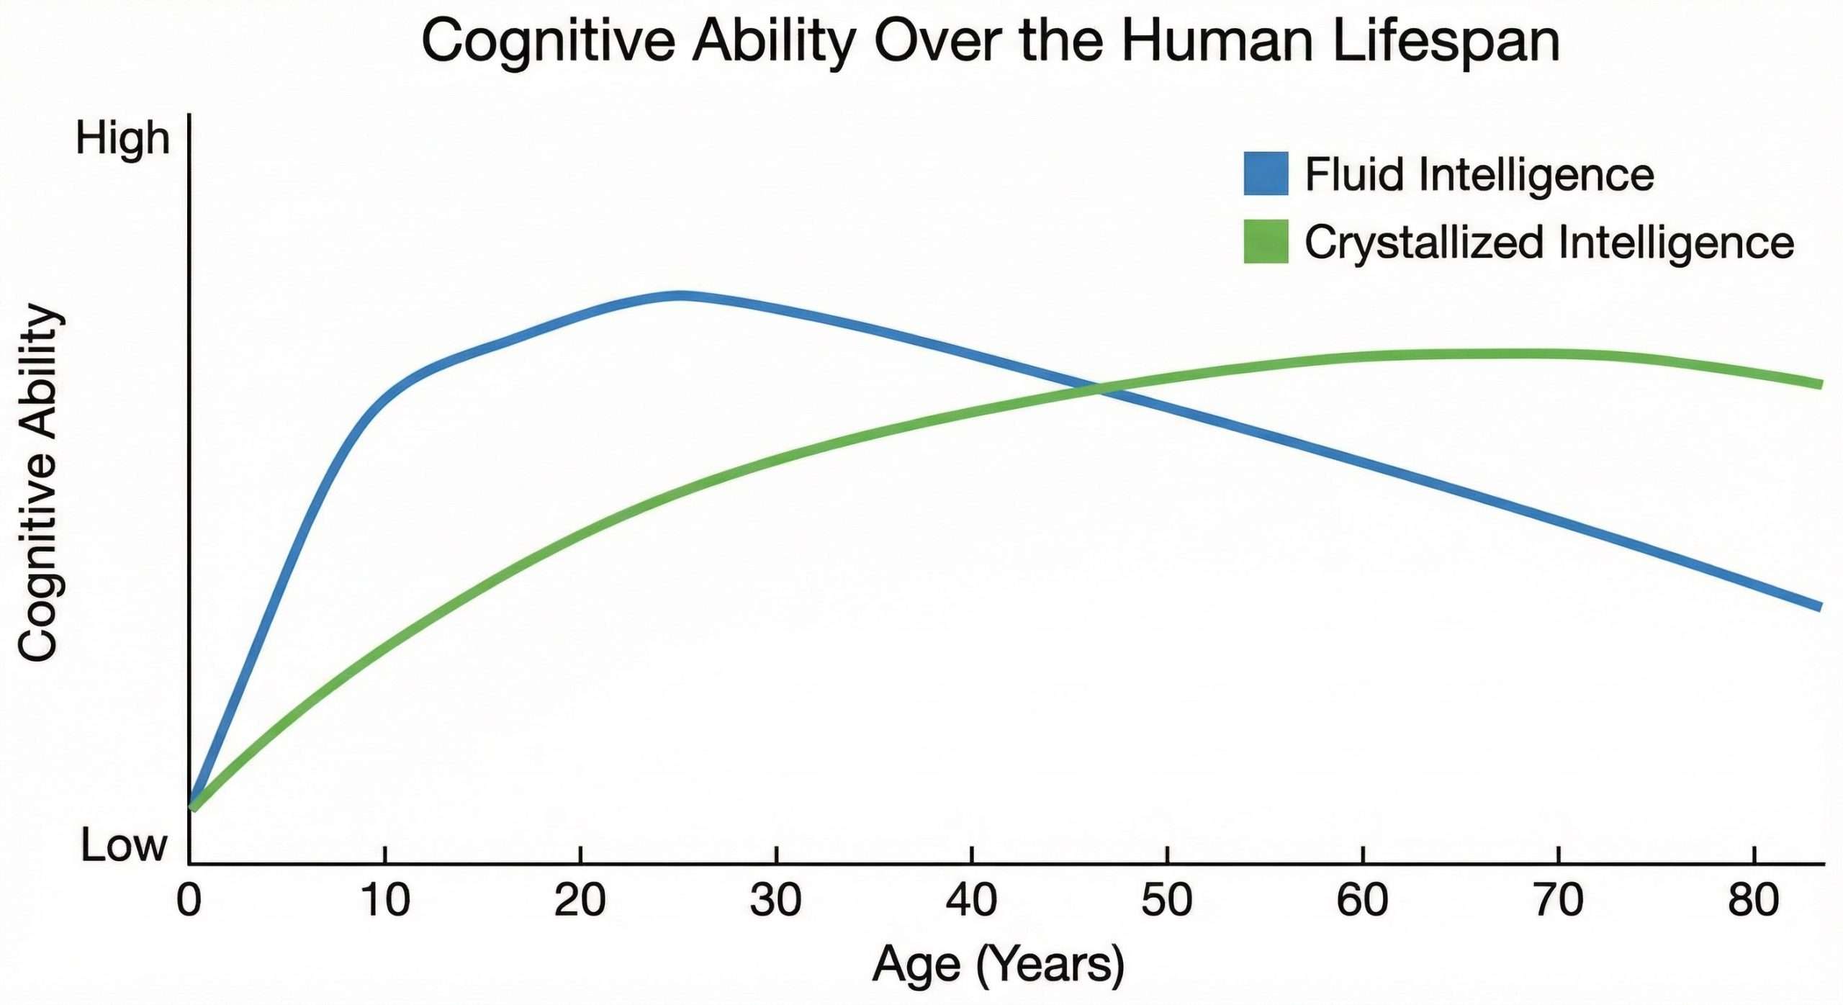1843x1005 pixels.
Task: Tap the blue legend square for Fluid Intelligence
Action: pos(1266,173)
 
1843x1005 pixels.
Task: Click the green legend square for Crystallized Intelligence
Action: pos(1266,241)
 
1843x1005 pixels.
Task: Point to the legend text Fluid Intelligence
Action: pos(1479,175)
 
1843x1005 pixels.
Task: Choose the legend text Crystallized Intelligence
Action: pos(1549,243)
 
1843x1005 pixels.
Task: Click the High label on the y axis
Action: pos(122,138)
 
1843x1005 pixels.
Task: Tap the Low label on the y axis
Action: pos(124,845)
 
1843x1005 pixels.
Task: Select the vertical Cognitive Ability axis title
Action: pos(37,482)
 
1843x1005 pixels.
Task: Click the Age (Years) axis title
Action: pos(998,964)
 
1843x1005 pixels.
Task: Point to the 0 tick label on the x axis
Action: pos(189,901)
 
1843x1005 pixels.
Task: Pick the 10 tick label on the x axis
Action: pos(386,901)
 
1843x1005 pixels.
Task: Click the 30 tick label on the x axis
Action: pos(775,901)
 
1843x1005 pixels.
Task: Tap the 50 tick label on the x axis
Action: pos(1166,901)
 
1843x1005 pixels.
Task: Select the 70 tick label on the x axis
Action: pos(1558,901)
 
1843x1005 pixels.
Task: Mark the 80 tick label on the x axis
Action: pos(1753,901)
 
